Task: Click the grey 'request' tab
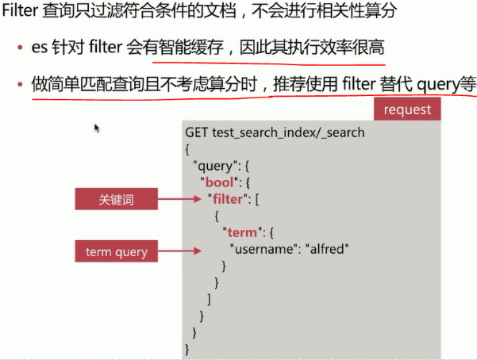pos(406,109)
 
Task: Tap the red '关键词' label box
pos(116,200)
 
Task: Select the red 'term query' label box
pos(116,252)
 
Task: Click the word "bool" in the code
pos(218,182)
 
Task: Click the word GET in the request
pos(197,132)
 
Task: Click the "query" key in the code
pos(214,166)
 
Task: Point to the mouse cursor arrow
pos(97,128)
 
